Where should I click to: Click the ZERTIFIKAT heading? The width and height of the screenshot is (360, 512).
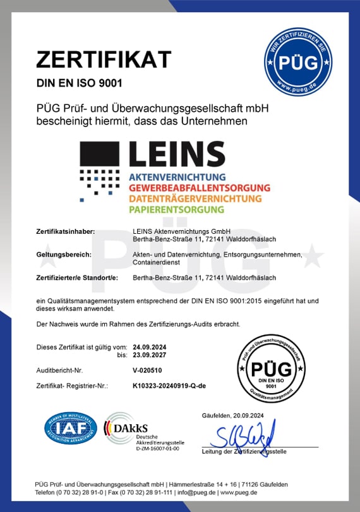[x=103, y=59]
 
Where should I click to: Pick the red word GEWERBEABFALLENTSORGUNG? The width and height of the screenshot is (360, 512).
[x=199, y=188]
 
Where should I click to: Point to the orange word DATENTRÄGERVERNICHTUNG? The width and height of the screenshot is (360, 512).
[x=193, y=198]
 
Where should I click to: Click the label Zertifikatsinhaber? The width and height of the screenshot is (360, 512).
[x=65, y=231]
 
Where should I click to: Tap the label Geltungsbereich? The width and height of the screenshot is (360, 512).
[x=64, y=254]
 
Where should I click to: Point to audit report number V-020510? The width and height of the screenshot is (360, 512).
[x=147, y=370]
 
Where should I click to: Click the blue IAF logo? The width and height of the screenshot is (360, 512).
[x=69, y=428]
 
